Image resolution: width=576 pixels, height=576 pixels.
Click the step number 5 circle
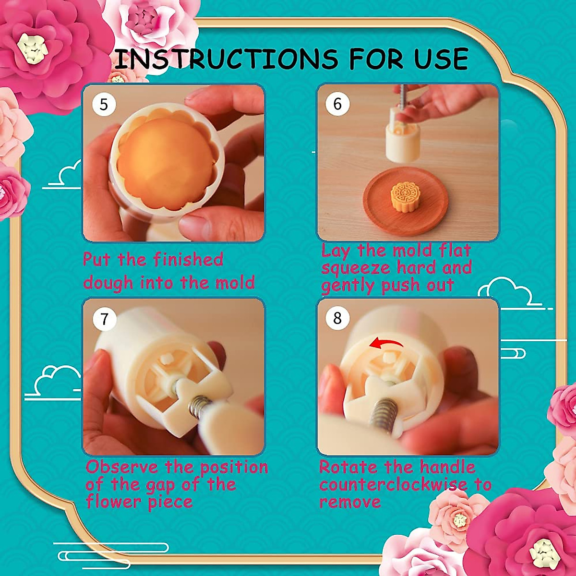(x=104, y=104)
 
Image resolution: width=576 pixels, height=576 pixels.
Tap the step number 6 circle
(x=337, y=104)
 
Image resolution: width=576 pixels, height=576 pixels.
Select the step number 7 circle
(x=104, y=318)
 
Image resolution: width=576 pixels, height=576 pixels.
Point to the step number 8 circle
(x=337, y=318)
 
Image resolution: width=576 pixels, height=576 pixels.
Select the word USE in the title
(x=441, y=59)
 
